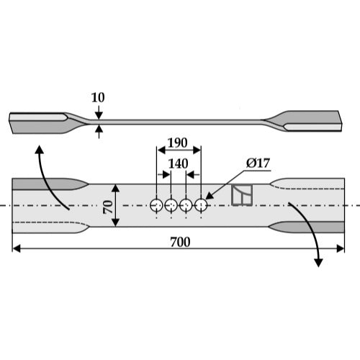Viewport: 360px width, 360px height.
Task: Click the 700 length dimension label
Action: pos(180,242)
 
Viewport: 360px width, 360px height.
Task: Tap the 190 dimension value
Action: pos(177,143)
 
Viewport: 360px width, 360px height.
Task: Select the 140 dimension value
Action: pos(178,164)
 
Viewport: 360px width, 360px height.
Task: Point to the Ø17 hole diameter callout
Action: pos(258,163)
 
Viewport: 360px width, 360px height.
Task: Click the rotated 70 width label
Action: pos(108,207)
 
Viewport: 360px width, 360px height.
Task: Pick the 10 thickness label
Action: pos(98,97)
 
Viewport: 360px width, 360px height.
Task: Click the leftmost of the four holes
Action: pos(156,205)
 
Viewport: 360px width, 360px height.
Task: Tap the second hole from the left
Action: pos(171,205)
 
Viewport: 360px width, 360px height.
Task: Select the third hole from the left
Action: pos(186,205)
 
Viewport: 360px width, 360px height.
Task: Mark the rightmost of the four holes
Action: pos(201,205)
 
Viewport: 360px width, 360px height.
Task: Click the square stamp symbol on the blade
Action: pos(242,195)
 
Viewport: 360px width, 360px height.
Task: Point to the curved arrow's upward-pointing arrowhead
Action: pos(40,149)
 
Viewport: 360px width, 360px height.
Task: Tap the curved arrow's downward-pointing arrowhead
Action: pos(318,263)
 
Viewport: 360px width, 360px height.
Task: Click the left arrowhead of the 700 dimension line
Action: pos(17,248)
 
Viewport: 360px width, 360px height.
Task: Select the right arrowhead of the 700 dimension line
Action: pos(341,248)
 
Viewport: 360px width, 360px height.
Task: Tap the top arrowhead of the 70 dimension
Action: pos(115,188)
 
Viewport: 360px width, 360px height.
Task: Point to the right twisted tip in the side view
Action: pos(304,121)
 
